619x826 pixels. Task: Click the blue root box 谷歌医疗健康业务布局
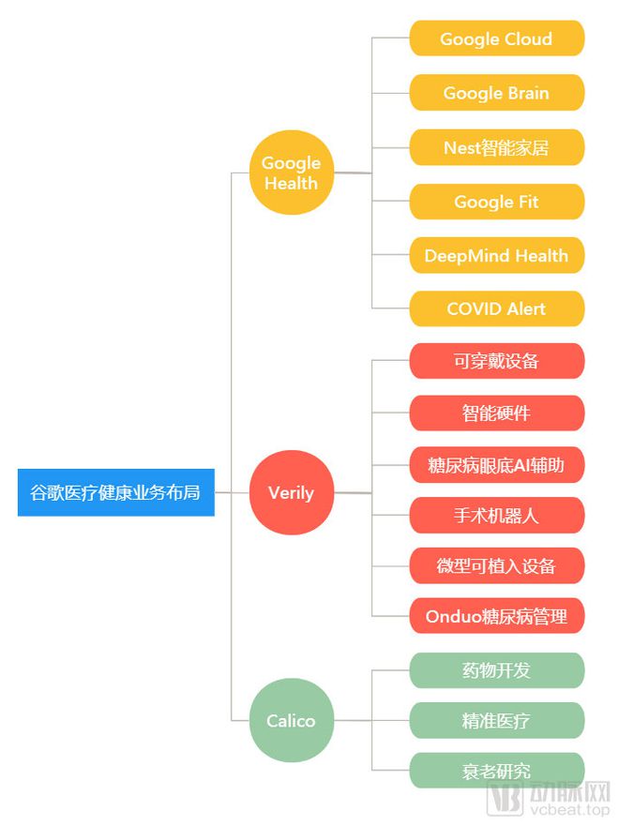click(x=115, y=492)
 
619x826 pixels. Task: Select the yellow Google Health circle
click(x=291, y=173)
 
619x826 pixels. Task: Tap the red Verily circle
click(x=291, y=492)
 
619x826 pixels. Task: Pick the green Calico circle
click(x=291, y=720)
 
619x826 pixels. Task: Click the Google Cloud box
click(x=496, y=39)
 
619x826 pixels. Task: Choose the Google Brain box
click(x=496, y=93)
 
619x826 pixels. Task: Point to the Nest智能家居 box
click(x=496, y=147)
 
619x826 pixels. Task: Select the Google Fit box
click(x=496, y=202)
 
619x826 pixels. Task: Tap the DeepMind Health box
click(x=496, y=255)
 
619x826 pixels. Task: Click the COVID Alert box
click(x=496, y=308)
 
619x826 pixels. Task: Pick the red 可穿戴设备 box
click(x=496, y=361)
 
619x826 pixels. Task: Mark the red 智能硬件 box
click(x=496, y=413)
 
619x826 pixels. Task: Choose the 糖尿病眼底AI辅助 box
click(x=496, y=464)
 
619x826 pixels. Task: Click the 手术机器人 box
click(x=496, y=515)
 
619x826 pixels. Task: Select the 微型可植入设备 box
click(x=496, y=565)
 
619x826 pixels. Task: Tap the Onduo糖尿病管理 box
click(x=496, y=616)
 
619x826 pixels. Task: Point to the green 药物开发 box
click(x=496, y=669)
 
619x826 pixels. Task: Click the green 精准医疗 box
click(x=496, y=720)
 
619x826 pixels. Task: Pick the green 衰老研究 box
click(x=496, y=771)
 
